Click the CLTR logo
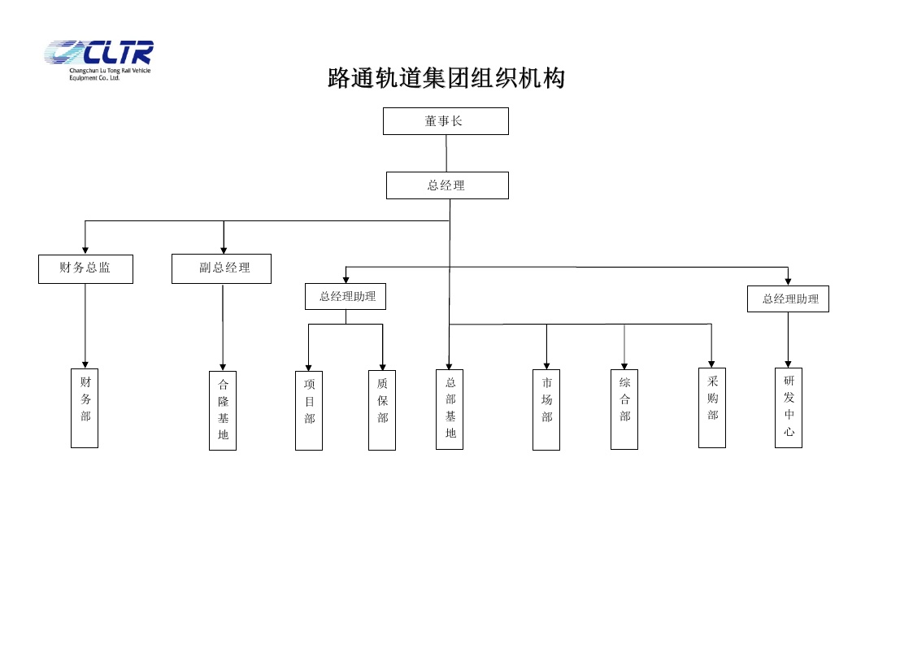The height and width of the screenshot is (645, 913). (98, 59)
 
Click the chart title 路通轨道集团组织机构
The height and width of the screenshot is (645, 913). (446, 79)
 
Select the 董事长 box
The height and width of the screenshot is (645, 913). (446, 121)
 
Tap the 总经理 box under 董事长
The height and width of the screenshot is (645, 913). (447, 185)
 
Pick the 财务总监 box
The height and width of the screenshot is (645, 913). (85, 268)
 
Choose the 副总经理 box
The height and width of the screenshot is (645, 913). (221, 268)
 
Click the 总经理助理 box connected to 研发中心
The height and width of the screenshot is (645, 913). (788, 299)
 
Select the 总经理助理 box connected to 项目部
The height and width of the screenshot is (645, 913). (346, 296)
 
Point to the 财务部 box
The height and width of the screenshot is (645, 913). (85, 407)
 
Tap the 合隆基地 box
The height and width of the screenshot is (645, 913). (223, 410)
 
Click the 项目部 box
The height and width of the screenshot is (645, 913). (309, 410)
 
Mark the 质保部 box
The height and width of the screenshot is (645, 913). (382, 410)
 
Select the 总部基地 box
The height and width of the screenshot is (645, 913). (450, 409)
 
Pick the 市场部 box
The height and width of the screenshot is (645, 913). (546, 409)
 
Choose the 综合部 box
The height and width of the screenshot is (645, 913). (624, 409)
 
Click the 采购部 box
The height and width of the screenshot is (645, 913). (712, 407)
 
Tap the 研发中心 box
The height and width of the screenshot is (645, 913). (789, 407)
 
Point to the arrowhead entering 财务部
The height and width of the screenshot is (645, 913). (85, 364)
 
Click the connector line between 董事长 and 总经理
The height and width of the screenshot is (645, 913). (446, 153)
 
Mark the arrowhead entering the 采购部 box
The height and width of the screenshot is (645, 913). (711, 364)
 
